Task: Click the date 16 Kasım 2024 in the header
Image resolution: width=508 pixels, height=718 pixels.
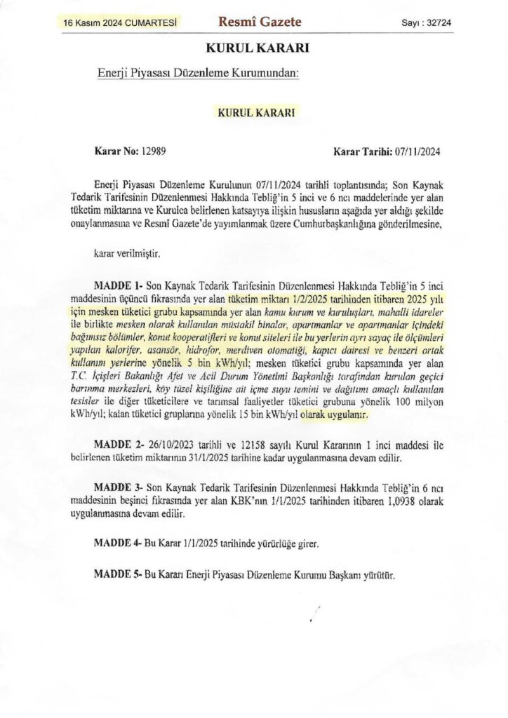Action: click(x=95, y=22)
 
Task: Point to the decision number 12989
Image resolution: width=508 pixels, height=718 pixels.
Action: click(x=153, y=151)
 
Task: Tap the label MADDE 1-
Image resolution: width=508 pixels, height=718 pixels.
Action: click(x=118, y=286)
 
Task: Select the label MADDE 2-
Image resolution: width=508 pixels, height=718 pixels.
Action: click(x=118, y=446)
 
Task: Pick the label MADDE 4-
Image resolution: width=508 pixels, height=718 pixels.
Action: click(x=118, y=543)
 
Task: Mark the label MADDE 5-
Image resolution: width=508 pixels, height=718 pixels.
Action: click(x=118, y=574)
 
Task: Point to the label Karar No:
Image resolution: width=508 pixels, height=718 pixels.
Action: click(x=116, y=151)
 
